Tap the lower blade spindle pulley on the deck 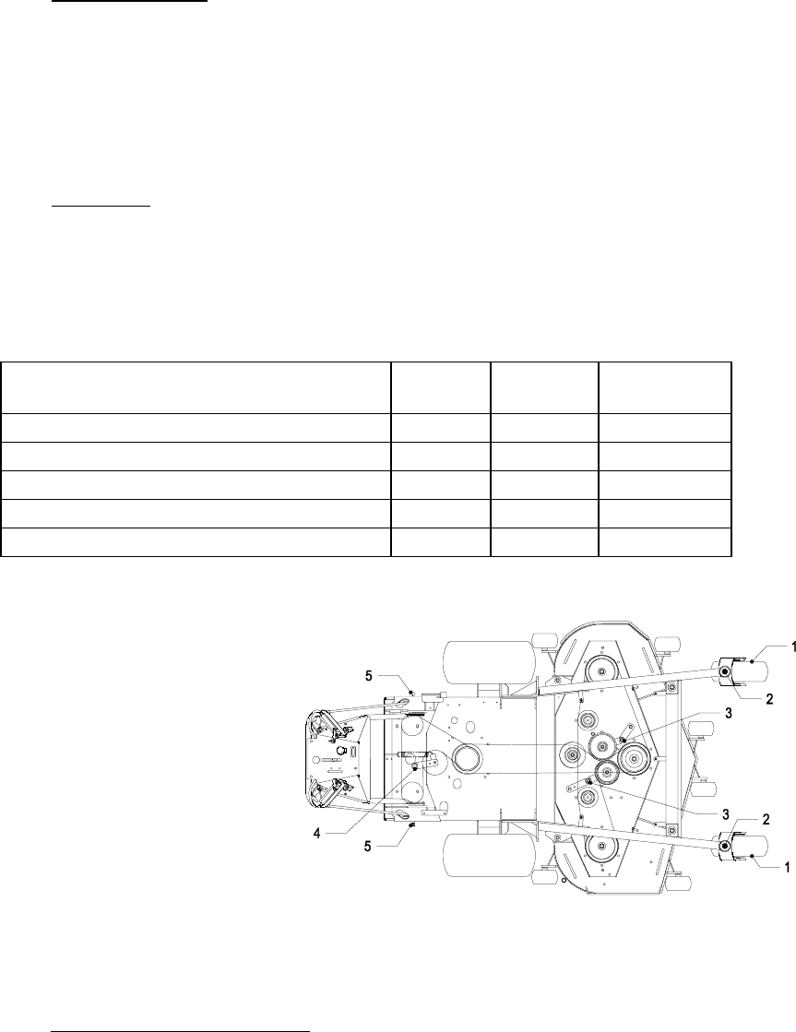tap(600, 846)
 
